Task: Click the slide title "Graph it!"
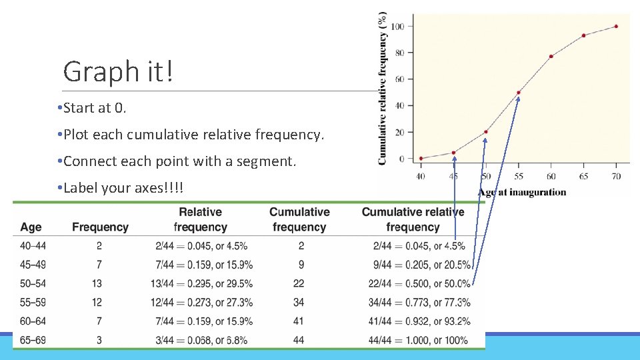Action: (x=118, y=71)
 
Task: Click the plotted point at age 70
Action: (x=616, y=27)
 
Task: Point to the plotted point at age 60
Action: (x=551, y=57)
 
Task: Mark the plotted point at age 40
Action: (x=421, y=159)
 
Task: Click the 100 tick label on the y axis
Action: (x=397, y=27)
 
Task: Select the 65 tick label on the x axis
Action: (x=583, y=177)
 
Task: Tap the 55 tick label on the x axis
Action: (x=518, y=177)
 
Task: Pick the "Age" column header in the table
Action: (x=31, y=227)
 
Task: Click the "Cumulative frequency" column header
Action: (x=299, y=219)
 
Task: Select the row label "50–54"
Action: (x=33, y=284)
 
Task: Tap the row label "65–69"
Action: (x=33, y=341)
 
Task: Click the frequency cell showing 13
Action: (x=99, y=284)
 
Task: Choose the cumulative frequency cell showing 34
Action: (x=299, y=303)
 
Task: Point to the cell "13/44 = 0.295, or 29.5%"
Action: (x=201, y=284)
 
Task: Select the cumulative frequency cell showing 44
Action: (x=299, y=341)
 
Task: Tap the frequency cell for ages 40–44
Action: (x=99, y=246)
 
